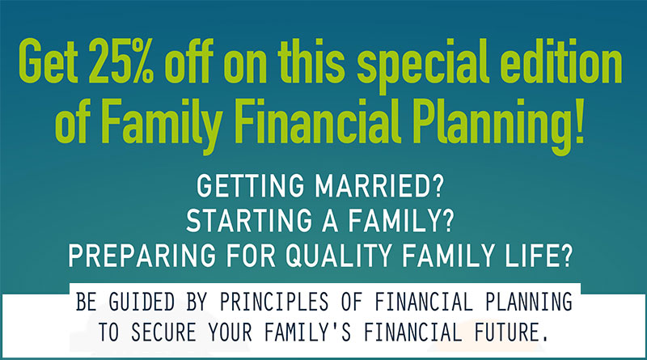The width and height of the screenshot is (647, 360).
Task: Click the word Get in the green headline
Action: click(49, 61)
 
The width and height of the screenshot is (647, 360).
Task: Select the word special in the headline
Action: click(423, 66)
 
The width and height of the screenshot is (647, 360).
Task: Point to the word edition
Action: click(560, 61)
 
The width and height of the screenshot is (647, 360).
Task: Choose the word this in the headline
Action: click(311, 61)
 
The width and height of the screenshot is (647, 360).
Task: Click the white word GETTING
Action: click(251, 186)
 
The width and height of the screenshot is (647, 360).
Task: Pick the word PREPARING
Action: click(142, 256)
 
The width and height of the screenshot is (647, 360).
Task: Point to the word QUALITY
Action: click(338, 256)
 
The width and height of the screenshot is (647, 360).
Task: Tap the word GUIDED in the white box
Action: click(142, 302)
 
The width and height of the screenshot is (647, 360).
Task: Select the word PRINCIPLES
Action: click(274, 302)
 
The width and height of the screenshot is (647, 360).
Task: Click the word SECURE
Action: click(163, 332)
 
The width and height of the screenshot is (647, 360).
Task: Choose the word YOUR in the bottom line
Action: click(230, 332)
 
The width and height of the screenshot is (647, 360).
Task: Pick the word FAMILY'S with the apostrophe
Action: click(307, 332)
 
